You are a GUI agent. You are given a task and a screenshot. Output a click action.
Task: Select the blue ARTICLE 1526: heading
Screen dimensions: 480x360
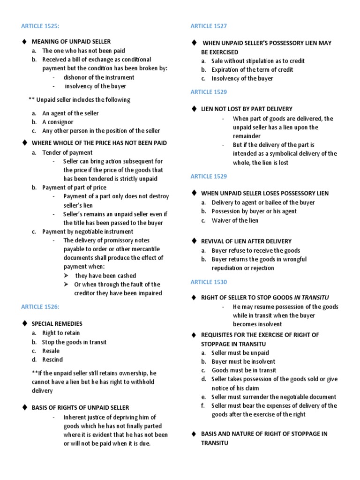point(40,307)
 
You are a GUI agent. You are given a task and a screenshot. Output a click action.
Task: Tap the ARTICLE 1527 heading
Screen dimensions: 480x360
point(209,26)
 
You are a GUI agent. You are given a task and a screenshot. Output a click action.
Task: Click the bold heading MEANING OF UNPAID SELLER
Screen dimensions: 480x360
point(71,42)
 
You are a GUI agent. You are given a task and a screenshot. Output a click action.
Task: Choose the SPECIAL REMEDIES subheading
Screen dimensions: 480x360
point(57,324)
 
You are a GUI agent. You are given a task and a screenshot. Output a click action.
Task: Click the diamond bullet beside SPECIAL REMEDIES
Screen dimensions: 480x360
point(24,324)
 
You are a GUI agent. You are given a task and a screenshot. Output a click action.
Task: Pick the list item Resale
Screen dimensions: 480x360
point(51,351)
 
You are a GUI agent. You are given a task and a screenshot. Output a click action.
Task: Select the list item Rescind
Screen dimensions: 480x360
point(52,360)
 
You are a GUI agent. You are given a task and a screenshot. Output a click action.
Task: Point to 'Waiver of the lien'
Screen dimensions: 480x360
point(235,220)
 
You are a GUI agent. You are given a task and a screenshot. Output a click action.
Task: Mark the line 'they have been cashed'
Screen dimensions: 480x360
point(105,276)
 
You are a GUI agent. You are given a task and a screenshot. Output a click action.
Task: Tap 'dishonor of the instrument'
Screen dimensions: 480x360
point(99,77)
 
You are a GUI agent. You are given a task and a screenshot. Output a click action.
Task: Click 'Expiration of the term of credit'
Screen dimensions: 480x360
point(252,69)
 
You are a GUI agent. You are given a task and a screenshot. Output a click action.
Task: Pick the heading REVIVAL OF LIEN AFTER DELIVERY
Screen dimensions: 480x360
point(246,241)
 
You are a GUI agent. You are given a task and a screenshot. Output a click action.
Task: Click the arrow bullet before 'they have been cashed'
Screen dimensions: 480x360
point(67,276)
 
